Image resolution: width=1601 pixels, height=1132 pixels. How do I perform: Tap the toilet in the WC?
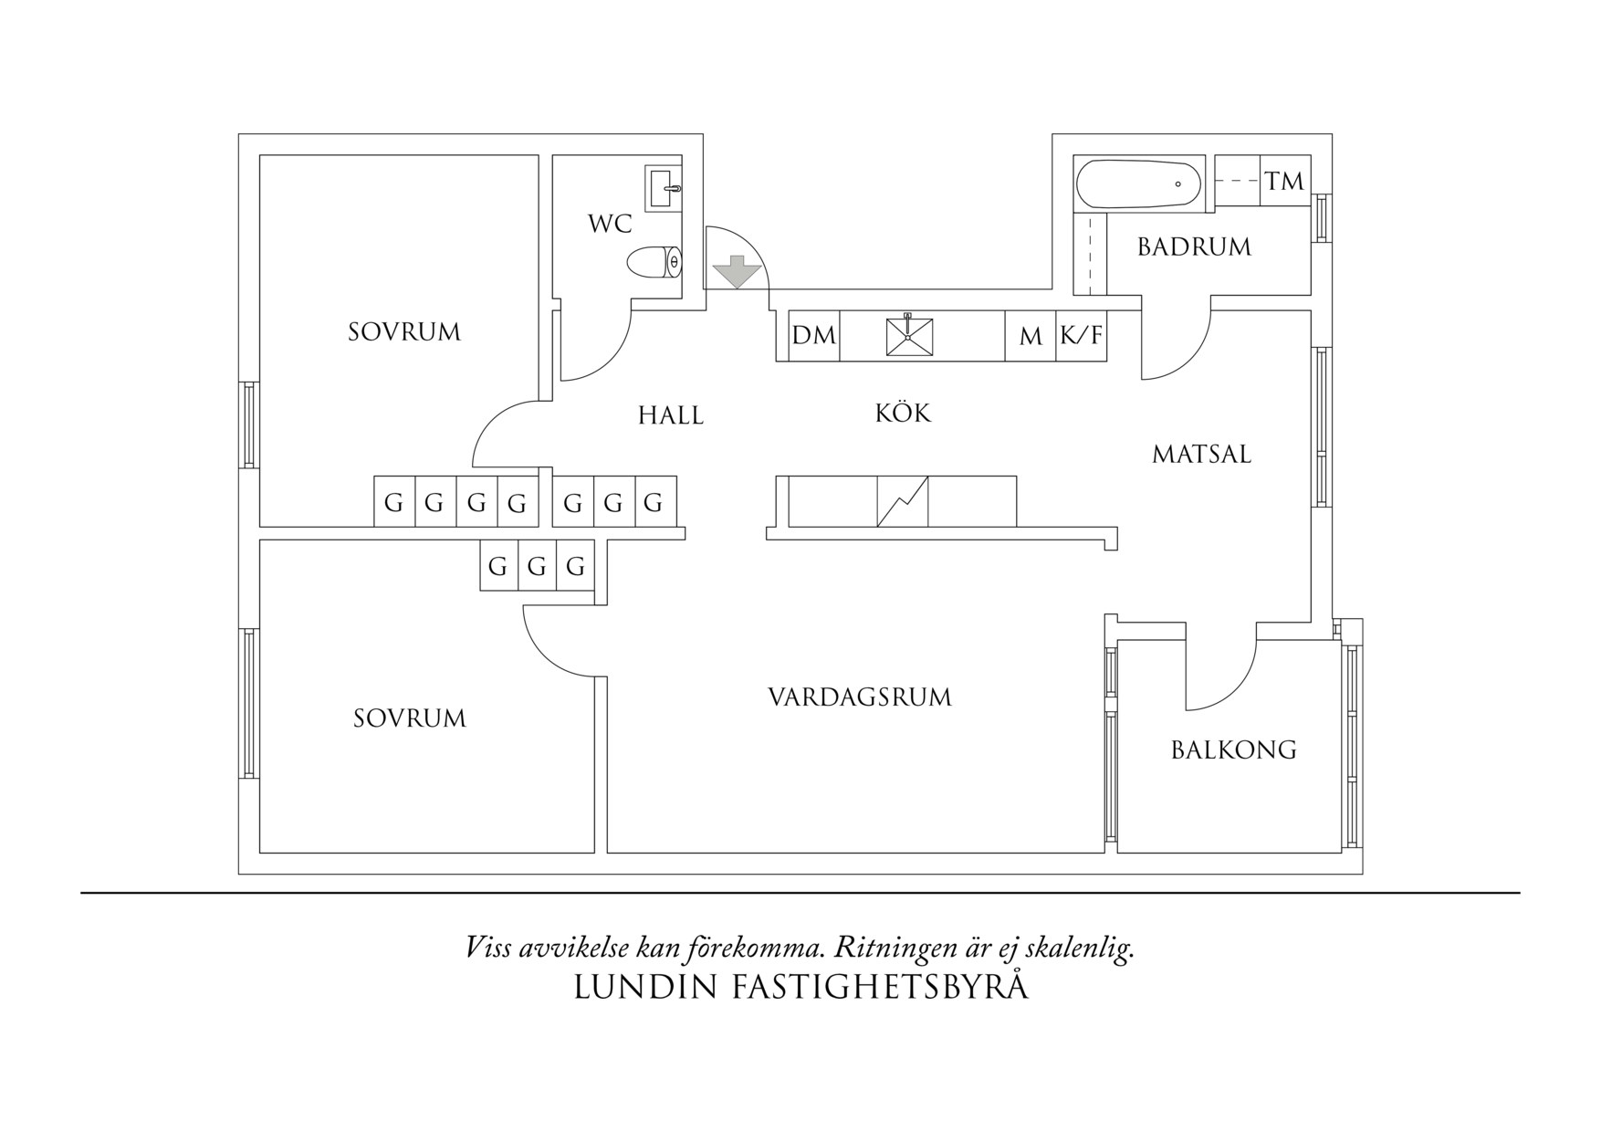[655, 263]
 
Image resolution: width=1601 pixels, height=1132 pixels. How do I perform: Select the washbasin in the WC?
[664, 188]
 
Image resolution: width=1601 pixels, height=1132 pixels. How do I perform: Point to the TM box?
[1285, 181]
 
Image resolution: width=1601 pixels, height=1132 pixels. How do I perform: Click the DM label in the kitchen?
[813, 336]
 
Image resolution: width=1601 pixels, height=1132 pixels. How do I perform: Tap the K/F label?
[1081, 336]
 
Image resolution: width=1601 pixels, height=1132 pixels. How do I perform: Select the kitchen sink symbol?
[909, 335]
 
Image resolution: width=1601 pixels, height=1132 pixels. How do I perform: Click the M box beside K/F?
[1031, 337]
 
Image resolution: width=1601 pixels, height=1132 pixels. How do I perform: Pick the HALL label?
[671, 416]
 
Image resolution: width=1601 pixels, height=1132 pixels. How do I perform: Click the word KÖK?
[903, 414]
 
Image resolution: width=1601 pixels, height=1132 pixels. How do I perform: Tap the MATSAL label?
[1201, 455]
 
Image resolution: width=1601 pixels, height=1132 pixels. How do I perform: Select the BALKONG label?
[1234, 750]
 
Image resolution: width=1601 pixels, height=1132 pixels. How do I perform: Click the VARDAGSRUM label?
[860, 697]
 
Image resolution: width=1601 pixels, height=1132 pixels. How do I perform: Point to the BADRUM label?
[1194, 247]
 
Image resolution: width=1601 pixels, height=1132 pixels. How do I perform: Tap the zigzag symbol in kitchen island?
[903, 501]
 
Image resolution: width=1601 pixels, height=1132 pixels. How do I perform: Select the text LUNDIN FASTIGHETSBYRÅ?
[801, 988]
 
